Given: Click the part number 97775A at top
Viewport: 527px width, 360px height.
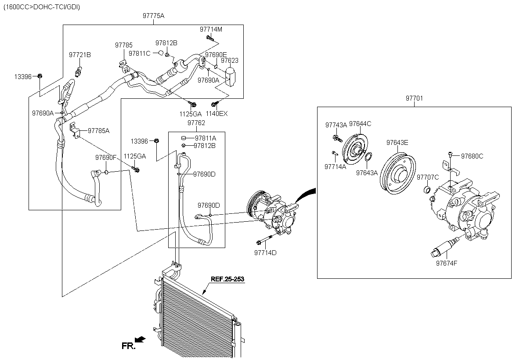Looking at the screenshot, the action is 153,16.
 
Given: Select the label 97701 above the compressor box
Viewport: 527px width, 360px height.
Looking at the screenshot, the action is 414,98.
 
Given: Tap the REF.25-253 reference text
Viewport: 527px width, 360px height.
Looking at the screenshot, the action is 227,279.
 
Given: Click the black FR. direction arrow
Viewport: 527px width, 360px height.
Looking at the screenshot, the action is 140,339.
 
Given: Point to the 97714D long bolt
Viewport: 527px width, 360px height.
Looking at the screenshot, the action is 264,240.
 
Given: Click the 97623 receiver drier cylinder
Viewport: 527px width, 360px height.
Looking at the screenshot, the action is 230,77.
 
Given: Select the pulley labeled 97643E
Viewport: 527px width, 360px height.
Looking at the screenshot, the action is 397,173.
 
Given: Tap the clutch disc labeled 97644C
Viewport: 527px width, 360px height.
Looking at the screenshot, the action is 355,149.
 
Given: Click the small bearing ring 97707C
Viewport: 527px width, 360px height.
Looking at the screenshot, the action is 427,190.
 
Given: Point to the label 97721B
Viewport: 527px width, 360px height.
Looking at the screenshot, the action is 80,55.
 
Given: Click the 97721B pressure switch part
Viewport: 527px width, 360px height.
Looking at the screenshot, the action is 79,72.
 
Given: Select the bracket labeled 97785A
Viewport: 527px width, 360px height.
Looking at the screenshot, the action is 75,130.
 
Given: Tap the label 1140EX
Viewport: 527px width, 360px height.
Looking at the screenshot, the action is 217,114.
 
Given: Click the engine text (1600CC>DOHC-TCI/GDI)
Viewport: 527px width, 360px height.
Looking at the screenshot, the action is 42,7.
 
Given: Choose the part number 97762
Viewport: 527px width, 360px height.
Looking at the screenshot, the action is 196,123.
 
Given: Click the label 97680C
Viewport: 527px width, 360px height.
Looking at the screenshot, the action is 472,156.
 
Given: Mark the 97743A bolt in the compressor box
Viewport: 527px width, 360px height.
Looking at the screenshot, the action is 338,138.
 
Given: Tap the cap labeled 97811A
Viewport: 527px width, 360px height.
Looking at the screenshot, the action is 184,138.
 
